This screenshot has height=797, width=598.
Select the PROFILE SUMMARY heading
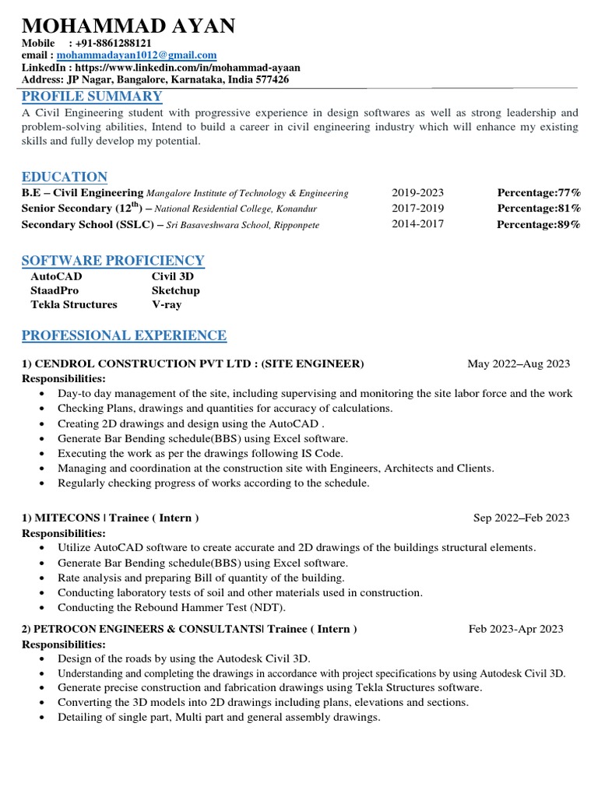[x=92, y=96]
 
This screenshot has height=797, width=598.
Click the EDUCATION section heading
[x=65, y=177]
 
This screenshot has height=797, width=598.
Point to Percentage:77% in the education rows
[x=539, y=193]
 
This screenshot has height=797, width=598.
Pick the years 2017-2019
[x=417, y=209]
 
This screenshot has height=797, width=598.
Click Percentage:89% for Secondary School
[x=539, y=225]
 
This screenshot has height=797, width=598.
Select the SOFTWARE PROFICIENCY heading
[x=113, y=260]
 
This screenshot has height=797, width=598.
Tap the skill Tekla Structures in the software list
[x=74, y=304]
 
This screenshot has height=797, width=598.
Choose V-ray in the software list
[x=167, y=304]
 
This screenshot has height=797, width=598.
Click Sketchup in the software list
[x=176, y=290]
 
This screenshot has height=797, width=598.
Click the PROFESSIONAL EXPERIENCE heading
[x=124, y=335]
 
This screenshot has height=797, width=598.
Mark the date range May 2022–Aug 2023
[x=519, y=363]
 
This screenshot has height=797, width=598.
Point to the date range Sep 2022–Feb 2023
[x=522, y=518]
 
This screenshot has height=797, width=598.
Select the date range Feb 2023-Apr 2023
[x=516, y=629]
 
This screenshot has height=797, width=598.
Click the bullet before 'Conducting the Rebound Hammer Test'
[x=40, y=608]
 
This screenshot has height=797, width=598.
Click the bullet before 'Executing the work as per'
[x=40, y=454]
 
